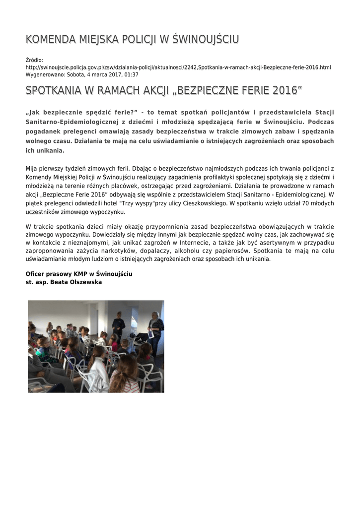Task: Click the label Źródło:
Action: click(x=34, y=60)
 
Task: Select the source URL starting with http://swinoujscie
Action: click(x=178, y=67)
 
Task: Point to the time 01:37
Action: click(x=131, y=74)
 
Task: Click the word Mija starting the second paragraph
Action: click(x=32, y=169)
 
